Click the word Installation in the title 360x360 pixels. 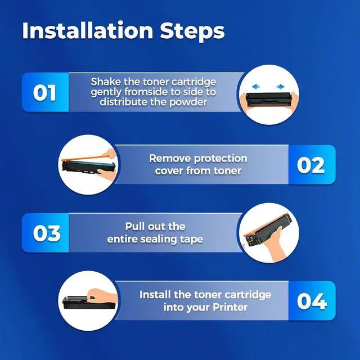coord(88,30)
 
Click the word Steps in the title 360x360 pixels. coord(192,31)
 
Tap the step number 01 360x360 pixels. coord(44,92)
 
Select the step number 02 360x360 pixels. coord(310,165)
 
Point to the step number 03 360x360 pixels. coord(47,233)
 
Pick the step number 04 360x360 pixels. coord(312,301)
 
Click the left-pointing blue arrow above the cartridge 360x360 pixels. coord(256,87)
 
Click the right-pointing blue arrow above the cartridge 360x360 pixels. coord(280,87)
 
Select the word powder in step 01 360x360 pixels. coord(188,102)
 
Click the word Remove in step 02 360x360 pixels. coord(169,159)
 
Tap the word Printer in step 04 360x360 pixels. coord(230,307)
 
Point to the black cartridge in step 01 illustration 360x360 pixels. coord(268,100)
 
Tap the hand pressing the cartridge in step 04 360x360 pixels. coord(102,295)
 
